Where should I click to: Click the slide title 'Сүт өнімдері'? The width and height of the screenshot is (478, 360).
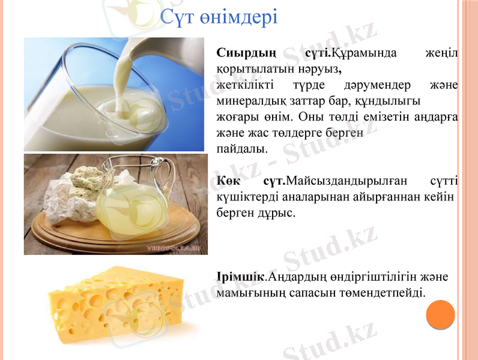[219, 16]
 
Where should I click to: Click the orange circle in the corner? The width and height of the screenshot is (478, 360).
[441, 314]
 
